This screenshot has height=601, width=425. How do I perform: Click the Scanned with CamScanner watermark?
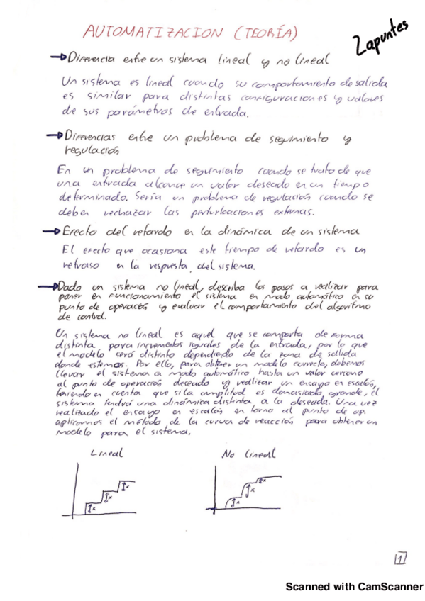[x=354, y=587]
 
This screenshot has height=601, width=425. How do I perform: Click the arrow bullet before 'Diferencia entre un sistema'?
[x=56, y=58]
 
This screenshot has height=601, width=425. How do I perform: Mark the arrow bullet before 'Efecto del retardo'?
[x=52, y=231]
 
